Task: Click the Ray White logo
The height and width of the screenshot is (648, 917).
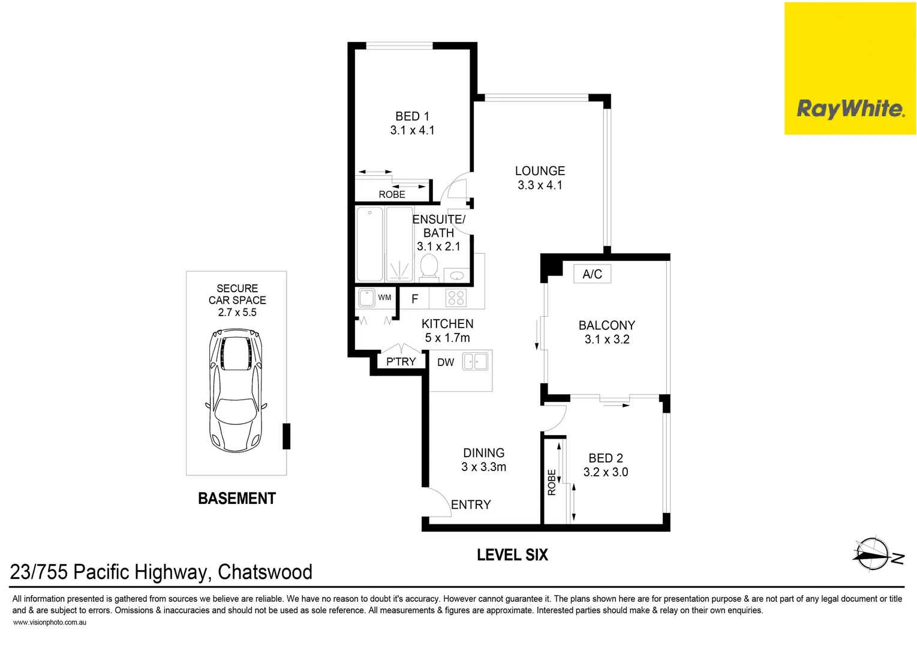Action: (850, 109)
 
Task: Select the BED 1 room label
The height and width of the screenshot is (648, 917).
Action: (412, 116)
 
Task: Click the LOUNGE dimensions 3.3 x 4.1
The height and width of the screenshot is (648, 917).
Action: (540, 185)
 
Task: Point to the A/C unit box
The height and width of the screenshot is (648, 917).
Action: (592, 274)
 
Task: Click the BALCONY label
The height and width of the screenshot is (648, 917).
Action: (606, 325)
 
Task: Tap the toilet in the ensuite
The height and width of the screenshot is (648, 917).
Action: (429, 266)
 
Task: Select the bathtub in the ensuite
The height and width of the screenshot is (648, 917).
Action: (369, 244)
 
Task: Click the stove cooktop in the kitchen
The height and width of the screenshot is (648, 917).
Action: (456, 298)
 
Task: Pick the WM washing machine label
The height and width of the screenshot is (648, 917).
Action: (384, 298)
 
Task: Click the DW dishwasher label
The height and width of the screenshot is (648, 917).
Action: (446, 362)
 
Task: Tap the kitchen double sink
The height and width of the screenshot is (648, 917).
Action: (476, 362)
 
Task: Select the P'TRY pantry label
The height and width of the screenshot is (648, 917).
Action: (401, 362)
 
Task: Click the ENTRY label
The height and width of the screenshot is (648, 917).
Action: (471, 505)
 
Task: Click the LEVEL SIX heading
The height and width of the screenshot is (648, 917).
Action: (512, 555)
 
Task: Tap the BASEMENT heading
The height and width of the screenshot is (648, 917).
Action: (237, 499)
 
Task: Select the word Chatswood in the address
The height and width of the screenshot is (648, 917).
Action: (264, 572)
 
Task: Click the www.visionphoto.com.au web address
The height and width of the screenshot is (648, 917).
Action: (50, 623)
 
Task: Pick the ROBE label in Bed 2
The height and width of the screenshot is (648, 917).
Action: (552, 482)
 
